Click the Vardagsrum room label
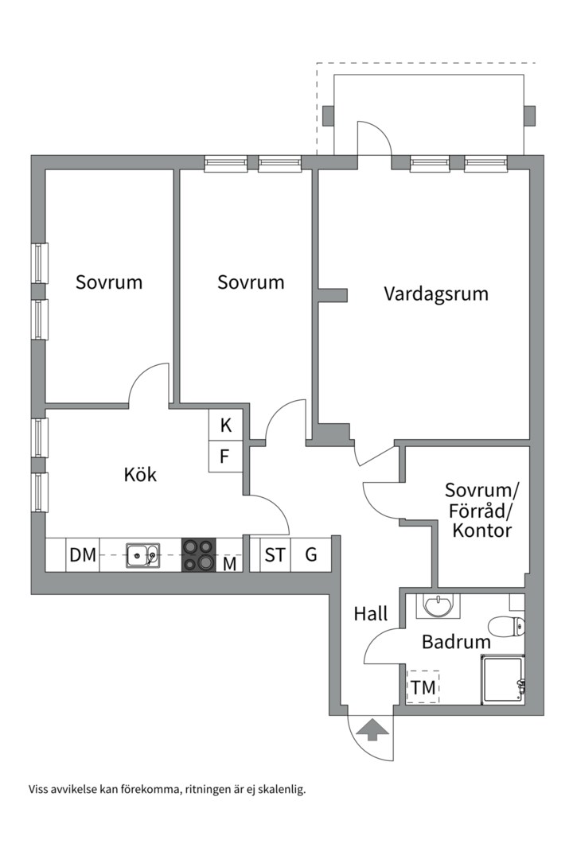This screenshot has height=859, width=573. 435,293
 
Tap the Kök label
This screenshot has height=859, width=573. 140,475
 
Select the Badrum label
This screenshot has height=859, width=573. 450,641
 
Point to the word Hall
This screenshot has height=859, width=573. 371,613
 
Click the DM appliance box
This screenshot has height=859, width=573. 83,555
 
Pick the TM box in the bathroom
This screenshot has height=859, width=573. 423,687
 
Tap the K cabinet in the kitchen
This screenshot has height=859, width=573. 226,426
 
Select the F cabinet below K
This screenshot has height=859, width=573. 225,457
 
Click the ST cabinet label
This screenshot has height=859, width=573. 275,554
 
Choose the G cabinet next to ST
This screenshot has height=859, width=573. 310,554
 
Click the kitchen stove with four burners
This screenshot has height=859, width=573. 198,555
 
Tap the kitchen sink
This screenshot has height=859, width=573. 142,555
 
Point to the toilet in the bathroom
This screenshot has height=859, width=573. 508,627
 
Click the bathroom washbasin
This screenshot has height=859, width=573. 439,607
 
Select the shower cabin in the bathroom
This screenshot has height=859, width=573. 502,680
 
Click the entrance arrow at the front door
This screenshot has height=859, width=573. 372,729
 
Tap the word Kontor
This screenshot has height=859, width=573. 481,531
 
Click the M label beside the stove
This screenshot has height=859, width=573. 229,564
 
